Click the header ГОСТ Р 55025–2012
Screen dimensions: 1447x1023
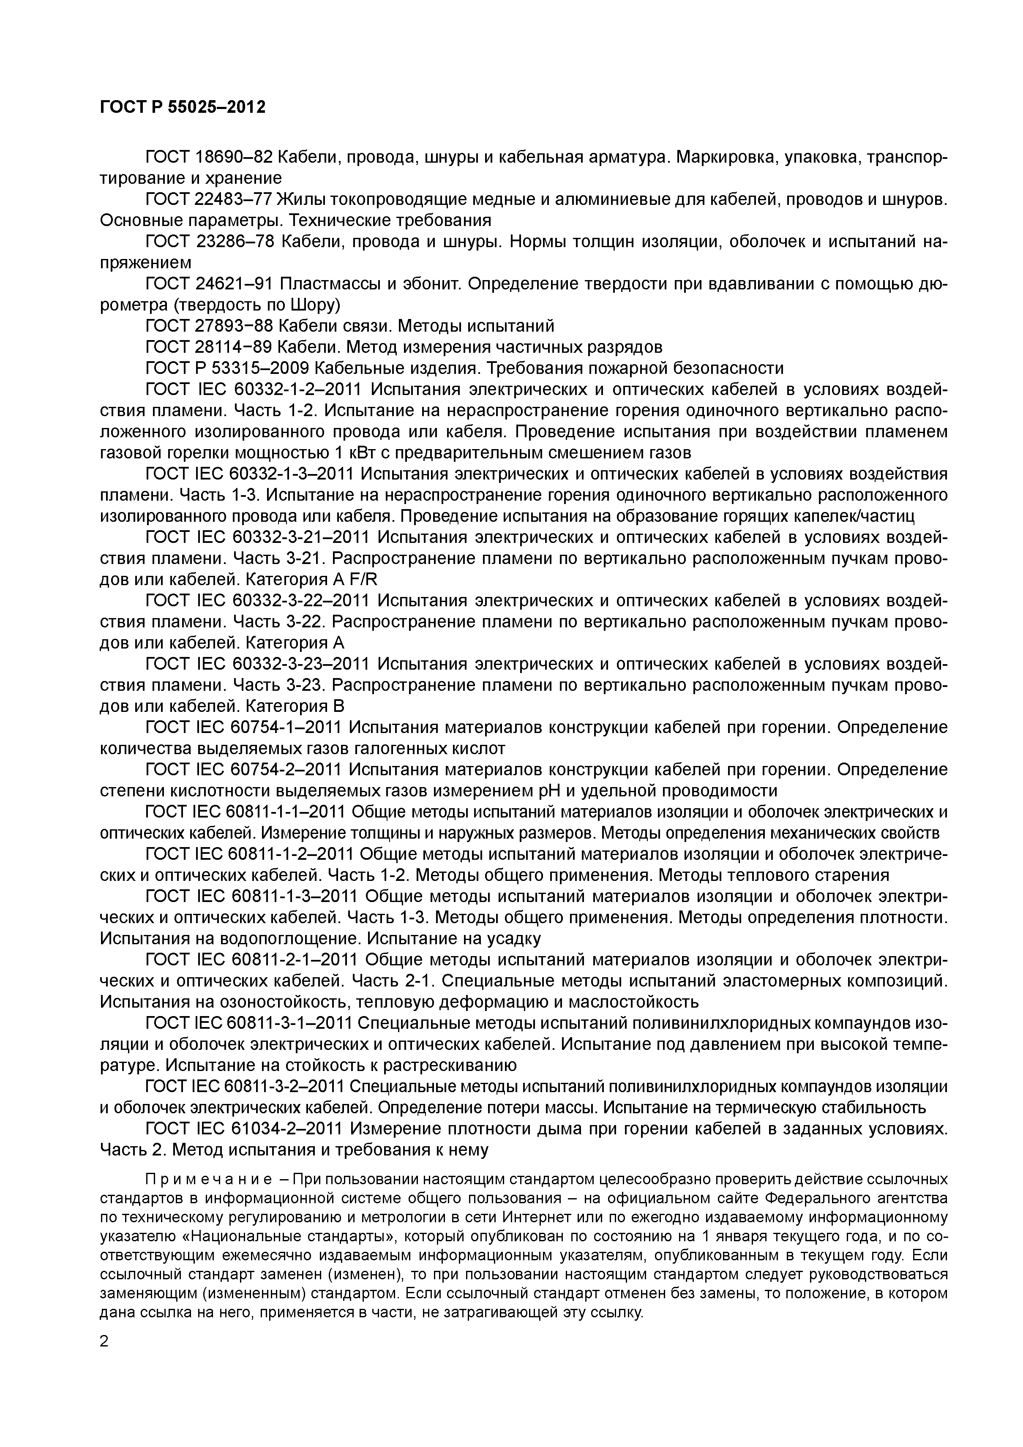click(x=183, y=107)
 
